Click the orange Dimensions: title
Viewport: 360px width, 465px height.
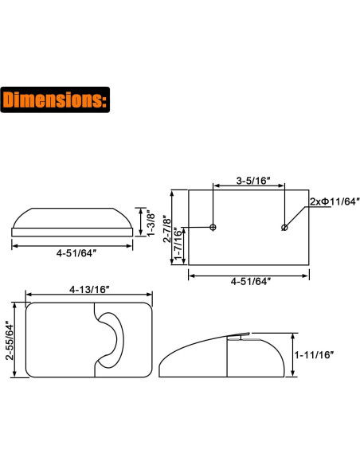pos(55,100)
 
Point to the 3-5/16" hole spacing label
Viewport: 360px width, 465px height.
pos(248,181)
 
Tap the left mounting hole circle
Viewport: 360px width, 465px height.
pos(213,228)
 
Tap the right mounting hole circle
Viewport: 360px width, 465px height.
pos(284,228)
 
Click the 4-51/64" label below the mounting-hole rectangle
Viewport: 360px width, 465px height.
pos(248,280)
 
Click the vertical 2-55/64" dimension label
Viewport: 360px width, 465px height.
pos(9,341)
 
